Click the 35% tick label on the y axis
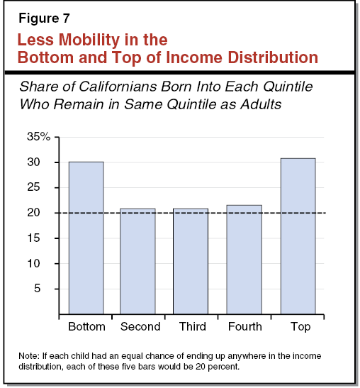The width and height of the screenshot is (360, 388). click(x=38, y=137)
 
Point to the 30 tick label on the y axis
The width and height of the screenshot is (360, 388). click(x=41, y=162)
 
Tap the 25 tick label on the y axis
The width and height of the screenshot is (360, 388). click(x=41, y=188)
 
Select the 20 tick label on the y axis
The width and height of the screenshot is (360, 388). click(x=41, y=213)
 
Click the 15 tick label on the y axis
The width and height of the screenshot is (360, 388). click(x=41, y=238)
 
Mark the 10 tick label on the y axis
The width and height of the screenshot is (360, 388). click(x=41, y=263)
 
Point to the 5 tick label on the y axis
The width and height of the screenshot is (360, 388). click(x=44, y=289)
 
